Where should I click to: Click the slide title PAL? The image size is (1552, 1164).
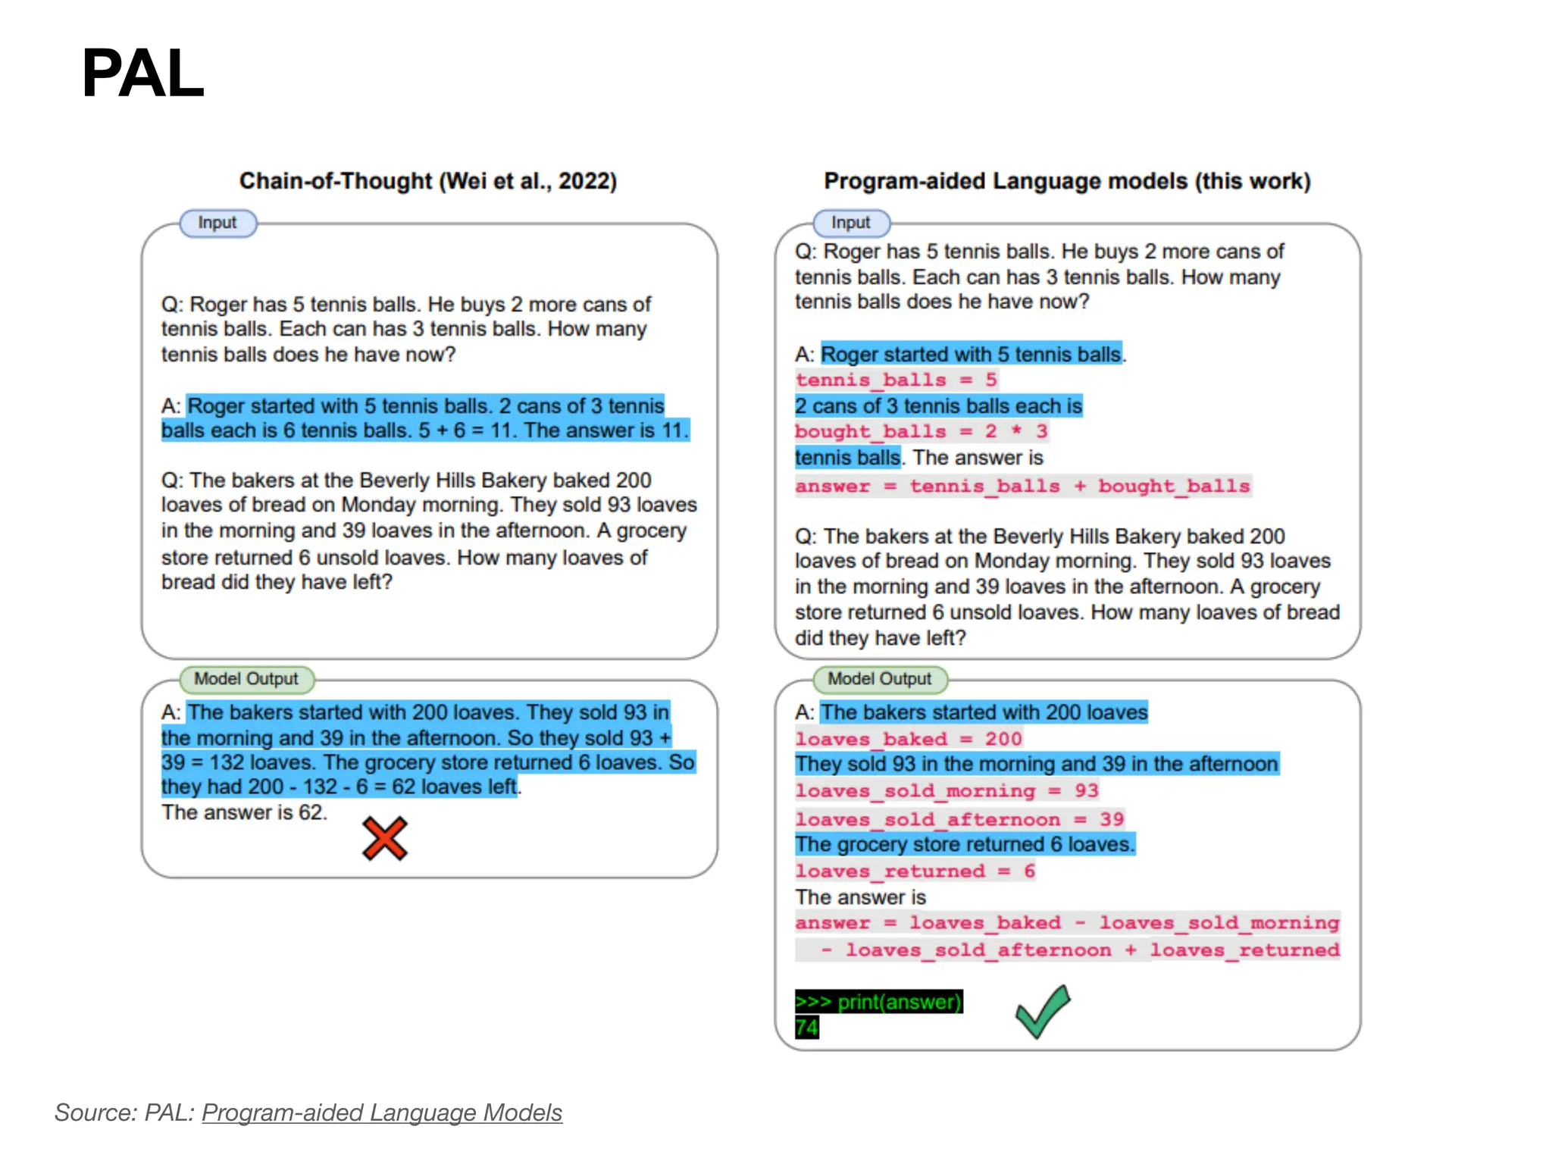(x=142, y=74)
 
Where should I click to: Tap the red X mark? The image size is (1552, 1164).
(x=385, y=838)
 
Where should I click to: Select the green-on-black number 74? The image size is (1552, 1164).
(x=806, y=1028)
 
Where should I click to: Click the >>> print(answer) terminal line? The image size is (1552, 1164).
(x=878, y=1002)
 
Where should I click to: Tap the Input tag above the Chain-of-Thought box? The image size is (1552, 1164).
(x=217, y=223)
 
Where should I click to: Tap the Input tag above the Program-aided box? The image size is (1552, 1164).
(x=851, y=223)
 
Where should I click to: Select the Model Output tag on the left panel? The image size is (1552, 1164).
(x=246, y=679)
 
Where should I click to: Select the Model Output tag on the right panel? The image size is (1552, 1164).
(x=879, y=679)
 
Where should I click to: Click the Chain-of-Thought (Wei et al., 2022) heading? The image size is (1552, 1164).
(x=428, y=181)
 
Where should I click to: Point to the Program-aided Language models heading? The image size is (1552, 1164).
(x=1067, y=181)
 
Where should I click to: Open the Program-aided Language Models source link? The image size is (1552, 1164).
(x=382, y=1112)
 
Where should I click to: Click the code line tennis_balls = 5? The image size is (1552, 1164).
(x=896, y=380)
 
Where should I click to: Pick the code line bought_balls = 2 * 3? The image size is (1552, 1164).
(x=921, y=431)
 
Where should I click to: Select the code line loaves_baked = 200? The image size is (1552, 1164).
(x=909, y=739)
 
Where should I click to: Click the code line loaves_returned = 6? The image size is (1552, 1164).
(x=915, y=871)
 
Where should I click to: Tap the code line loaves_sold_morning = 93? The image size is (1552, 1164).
(x=947, y=791)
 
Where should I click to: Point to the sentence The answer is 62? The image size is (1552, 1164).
(x=244, y=812)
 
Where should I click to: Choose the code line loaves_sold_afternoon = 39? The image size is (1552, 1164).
(x=959, y=819)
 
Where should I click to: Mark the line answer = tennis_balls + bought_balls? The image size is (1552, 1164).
(x=1022, y=486)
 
